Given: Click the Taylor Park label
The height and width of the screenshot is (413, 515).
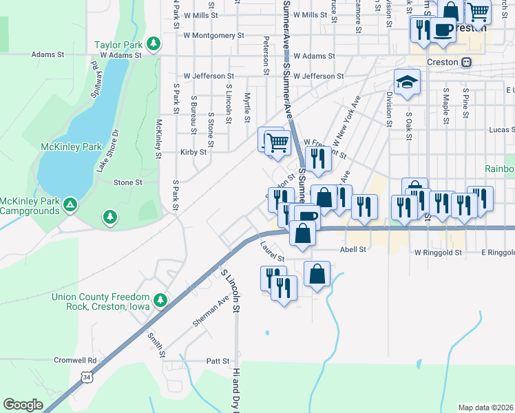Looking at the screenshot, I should [118, 45].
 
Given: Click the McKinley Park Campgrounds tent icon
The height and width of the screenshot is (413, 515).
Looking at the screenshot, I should [70, 204].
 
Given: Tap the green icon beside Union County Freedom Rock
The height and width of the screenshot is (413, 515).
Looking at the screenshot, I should [160, 300].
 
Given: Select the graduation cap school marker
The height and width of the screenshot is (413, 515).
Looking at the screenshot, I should [407, 82].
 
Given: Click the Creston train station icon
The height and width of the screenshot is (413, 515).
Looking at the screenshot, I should [466, 62].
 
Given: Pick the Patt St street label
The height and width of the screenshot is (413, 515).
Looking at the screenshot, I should [217, 361].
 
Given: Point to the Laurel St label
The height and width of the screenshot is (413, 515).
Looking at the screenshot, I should [272, 250].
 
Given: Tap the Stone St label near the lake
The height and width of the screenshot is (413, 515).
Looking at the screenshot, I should [127, 182].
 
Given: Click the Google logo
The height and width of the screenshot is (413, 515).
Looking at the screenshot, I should [23, 405].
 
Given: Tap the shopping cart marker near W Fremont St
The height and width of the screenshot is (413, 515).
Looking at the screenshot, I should [277, 142].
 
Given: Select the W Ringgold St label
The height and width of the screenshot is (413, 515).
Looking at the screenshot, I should [436, 253].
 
